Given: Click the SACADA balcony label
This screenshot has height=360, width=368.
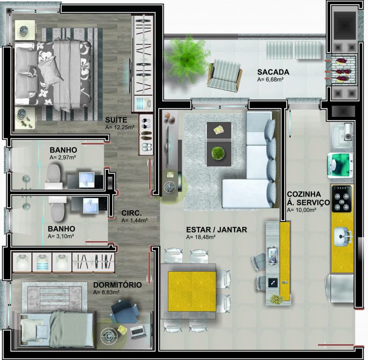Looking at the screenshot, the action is click(x=273, y=72).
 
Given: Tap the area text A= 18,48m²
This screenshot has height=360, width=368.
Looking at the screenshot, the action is click(x=201, y=237).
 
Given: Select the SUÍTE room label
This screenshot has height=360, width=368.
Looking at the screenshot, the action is click(x=116, y=120).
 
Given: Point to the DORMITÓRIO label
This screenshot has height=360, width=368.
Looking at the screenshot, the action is click(x=118, y=285).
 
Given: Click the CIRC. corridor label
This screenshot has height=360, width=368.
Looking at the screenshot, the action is click(x=132, y=213).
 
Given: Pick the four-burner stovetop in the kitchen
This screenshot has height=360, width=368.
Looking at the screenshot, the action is click(x=341, y=199).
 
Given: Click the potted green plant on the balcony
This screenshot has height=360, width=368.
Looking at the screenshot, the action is click(x=187, y=59).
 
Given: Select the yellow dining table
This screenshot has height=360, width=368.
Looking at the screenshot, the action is click(x=192, y=291).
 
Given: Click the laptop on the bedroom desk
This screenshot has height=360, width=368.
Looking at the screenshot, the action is click(x=137, y=332).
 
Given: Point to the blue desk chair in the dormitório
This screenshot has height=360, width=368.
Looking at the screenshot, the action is click(x=124, y=311).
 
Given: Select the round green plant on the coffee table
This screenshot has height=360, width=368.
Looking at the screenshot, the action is click(x=218, y=154).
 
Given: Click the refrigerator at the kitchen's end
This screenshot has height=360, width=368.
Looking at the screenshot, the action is click(x=339, y=289).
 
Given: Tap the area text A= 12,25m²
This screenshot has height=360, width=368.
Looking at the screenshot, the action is click(x=120, y=128).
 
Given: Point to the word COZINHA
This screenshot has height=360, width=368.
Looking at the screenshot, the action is click(x=304, y=194).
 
